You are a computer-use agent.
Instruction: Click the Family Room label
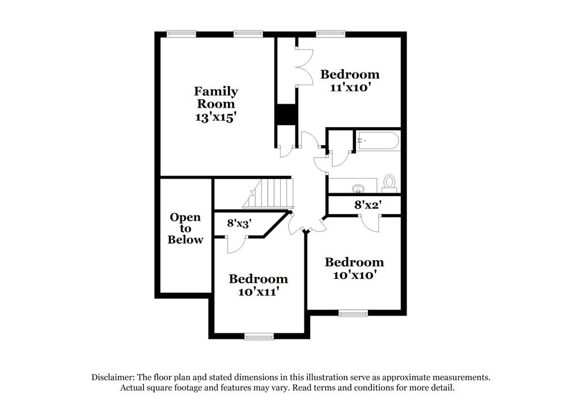pos(215,97)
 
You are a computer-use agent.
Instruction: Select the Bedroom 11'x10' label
pos(350,80)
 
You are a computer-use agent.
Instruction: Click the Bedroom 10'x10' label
pos(354,268)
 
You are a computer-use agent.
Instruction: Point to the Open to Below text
pos(185,228)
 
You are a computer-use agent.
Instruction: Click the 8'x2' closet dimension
pos(366,205)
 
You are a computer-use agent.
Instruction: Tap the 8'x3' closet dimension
pos(239,223)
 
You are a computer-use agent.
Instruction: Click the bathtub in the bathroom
pos(378,141)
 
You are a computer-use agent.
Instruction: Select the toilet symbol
pos(390,182)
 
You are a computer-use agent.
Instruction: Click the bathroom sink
pos(358,188)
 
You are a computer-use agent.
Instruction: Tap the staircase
pos(270,193)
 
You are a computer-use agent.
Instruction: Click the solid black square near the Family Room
pos(287,114)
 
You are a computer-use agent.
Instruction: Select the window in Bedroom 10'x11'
pos(259,337)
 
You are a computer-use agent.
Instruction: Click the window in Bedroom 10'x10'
pos(353,313)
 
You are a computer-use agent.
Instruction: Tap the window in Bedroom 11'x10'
pos(331,34)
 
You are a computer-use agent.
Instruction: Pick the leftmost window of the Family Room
pos(181,34)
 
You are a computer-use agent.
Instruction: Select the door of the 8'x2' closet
pos(370,223)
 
